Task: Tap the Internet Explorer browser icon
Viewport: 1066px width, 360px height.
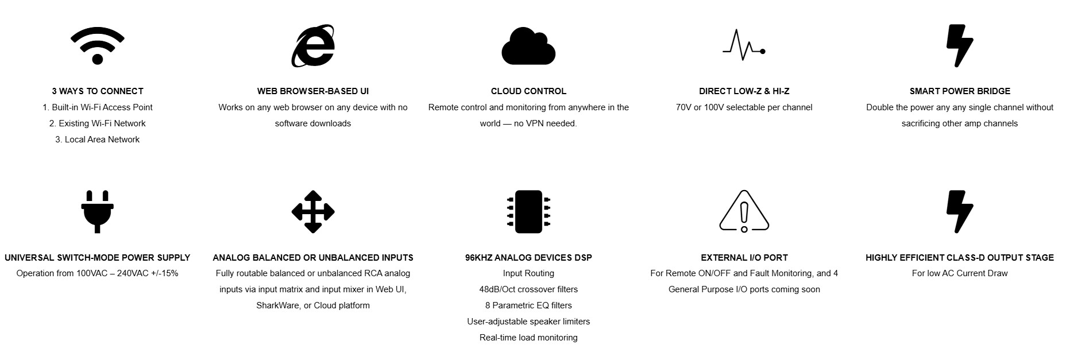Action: [x=313, y=46]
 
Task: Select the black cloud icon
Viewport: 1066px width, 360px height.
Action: [x=528, y=46]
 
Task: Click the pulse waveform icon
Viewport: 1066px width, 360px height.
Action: [x=744, y=44]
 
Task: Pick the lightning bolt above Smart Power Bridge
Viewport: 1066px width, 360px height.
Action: [x=959, y=46]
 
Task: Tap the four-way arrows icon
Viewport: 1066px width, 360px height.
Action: [x=313, y=212]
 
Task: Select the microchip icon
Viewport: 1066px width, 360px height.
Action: [x=528, y=212]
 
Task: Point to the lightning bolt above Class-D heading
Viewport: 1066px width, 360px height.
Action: [x=959, y=212]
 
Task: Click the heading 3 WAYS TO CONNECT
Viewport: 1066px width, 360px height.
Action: [x=98, y=91]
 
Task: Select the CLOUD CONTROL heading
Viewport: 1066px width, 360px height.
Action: [x=528, y=91]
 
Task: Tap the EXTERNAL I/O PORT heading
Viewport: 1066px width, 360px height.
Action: [x=744, y=258]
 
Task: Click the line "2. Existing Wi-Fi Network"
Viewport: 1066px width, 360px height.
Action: [x=98, y=123]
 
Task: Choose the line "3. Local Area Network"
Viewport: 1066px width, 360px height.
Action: [x=98, y=140]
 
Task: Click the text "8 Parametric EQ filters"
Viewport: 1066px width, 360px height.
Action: [x=528, y=305]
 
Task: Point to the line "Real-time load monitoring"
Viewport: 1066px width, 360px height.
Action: [x=528, y=338]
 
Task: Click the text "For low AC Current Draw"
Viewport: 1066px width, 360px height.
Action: [x=960, y=273]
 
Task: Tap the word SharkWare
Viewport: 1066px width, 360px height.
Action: [x=277, y=305]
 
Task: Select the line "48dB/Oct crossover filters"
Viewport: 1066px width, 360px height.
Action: [x=528, y=289]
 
